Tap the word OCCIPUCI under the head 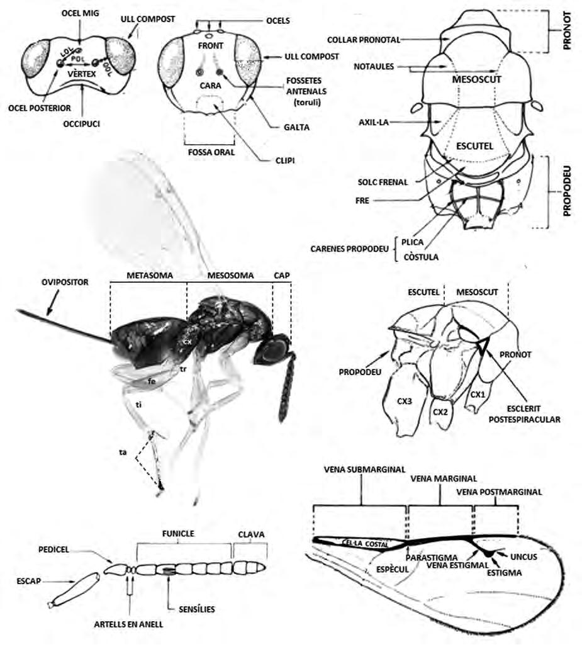pyautogui.click(x=81, y=124)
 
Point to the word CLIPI pyautogui.click(x=284, y=160)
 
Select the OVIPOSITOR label pyautogui.click(x=62, y=283)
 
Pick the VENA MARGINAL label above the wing pyautogui.click(x=443, y=478)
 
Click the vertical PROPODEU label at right pyautogui.click(x=566, y=191)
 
